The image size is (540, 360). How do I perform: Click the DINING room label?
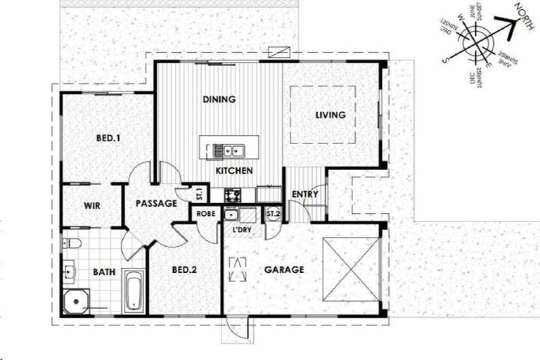(x=219, y=99)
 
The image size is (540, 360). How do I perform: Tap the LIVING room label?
(x=330, y=115)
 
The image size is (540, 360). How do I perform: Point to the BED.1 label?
(x=108, y=139)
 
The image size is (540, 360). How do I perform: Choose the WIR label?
(x=91, y=205)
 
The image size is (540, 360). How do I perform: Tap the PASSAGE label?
(x=155, y=204)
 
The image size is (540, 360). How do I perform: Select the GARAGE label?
(x=284, y=269)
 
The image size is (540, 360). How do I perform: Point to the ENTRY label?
(x=304, y=194)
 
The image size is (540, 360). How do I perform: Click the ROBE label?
(x=205, y=213)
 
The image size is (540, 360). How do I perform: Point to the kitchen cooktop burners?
(x=232, y=194)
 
